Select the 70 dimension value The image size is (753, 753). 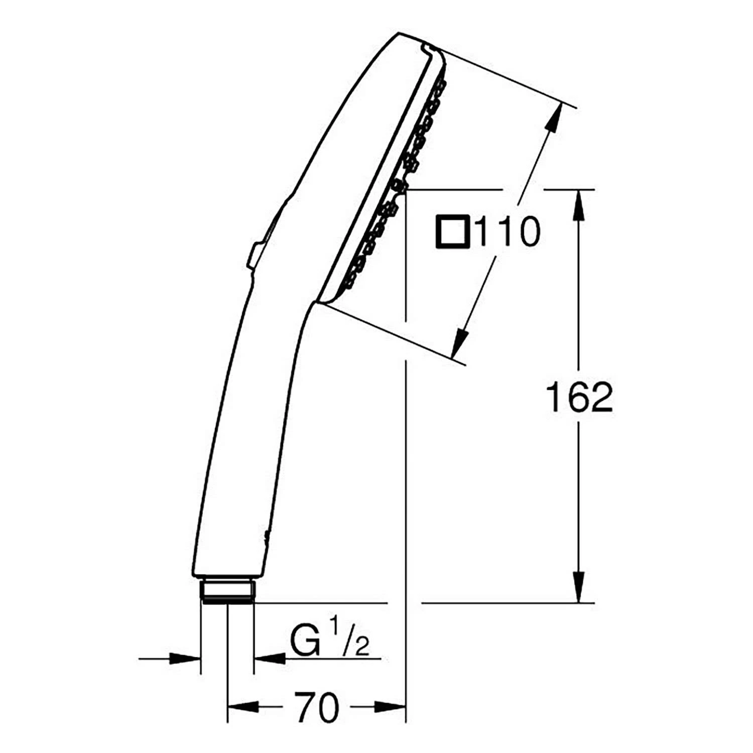(316, 708)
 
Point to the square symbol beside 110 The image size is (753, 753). (452, 231)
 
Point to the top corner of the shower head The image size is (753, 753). (399, 34)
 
